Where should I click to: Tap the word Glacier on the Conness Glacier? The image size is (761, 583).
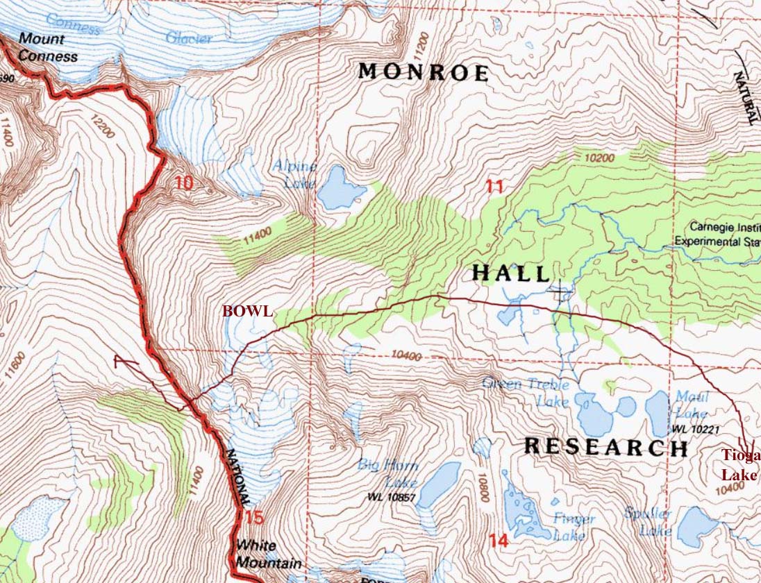point(189,37)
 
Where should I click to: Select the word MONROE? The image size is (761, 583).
point(424,72)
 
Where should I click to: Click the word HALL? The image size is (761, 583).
point(512,273)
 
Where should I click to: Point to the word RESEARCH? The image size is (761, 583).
point(605,447)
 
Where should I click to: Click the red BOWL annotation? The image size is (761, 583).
point(247,312)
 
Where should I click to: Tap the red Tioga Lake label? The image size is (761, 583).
point(740,466)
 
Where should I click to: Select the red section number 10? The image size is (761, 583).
point(184,184)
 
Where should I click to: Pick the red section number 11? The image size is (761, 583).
point(494,185)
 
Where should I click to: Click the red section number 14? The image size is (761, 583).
point(499,541)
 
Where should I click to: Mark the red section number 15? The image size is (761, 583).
point(254,518)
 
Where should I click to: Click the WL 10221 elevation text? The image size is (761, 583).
point(690,430)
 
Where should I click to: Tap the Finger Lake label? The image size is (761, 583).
point(574,526)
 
